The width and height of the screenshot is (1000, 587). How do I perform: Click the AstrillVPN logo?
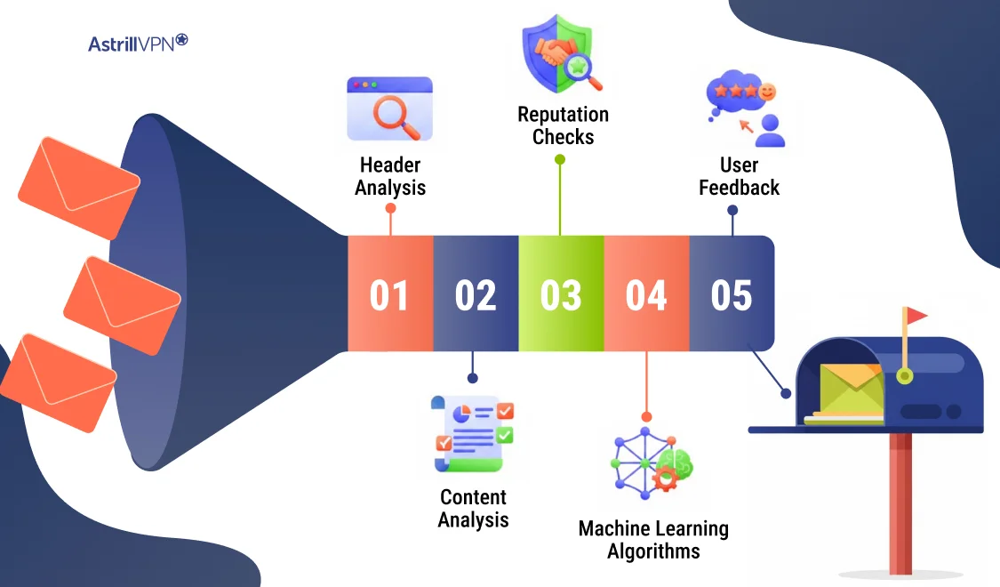pyautogui.click(x=138, y=43)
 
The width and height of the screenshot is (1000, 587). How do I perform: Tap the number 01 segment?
pyautogui.click(x=389, y=294)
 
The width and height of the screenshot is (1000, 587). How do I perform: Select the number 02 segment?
pyautogui.click(x=476, y=294)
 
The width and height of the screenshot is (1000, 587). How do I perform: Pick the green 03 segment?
pyautogui.click(x=561, y=294)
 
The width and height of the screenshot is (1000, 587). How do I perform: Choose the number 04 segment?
pyautogui.click(x=646, y=294)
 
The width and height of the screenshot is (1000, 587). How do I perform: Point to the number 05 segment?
pyautogui.click(x=732, y=294)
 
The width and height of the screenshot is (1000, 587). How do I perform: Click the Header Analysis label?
pyautogui.click(x=390, y=176)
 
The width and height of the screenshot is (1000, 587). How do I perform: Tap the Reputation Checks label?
pyautogui.click(x=563, y=125)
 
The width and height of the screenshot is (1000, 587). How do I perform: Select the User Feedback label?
pyautogui.click(x=739, y=176)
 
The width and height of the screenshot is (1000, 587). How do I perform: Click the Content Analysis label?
pyautogui.click(x=474, y=508)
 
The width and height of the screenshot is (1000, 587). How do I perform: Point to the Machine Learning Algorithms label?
pyautogui.click(x=653, y=540)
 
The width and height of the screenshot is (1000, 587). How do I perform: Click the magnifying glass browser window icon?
pyautogui.click(x=389, y=109)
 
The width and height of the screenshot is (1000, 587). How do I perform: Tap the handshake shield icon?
pyautogui.click(x=561, y=54)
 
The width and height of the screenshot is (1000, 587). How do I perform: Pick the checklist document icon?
pyautogui.click(x=473, y=433)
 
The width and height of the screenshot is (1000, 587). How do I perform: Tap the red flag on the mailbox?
pyautogui.click(x=916, y=316)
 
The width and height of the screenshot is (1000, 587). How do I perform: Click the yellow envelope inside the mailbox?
pyautogui.click(x=852, y=390)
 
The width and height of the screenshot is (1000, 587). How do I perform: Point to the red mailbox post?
pyautogui.click(x=900, y=503)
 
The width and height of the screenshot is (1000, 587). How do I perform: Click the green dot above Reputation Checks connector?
pyautogui.click(x=560, y=160)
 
